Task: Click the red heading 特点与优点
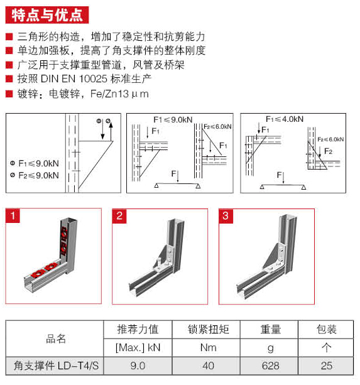pyautogui.click(x=47, y=15)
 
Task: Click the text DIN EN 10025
pyautogui.click(x=74, y=79)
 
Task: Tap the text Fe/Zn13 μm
pyautogui.click(x=119, y=94)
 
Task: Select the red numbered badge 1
pyautogui.click(x=13, y=215)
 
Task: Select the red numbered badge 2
pyautogui.click(x=119, y=216)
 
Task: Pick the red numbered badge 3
pyautogui.click(x=226, y=216)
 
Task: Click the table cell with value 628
pyautogui.click(x=270, y=366)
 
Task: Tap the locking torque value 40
pyautogui.click(x=208, y=366)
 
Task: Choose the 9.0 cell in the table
pyautogui.click(x=138, y=366)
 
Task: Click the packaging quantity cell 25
pyautogui.click(x=326, y=366)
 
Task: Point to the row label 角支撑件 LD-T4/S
pyautogui.click(x=57, y=366)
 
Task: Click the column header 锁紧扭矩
pyautogui.click(x=208, y=329)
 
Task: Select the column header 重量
pyautogui.click(x=270, y=329)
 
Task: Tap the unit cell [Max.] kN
pyautogui.click(x=138, y=347)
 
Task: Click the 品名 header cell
pyautogui.click(x=56, y=339)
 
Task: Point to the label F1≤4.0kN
pyautogui.click(x=285, y=119)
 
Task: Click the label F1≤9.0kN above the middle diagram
pyautogui.click(x=173, y=120)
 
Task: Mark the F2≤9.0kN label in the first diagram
pyautogui.click(x=35, y=175)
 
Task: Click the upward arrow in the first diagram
pyautogui.click(x=111, y=131)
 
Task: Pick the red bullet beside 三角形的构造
pyautogui.click(x=9, y=37)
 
